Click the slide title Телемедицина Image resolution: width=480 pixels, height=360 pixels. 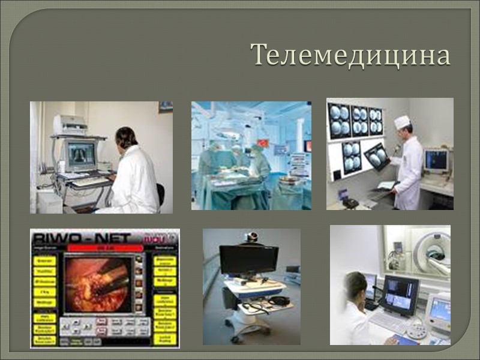(350, 55)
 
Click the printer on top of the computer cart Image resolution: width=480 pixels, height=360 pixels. (71, 125)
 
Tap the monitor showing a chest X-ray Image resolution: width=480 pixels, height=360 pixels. (80, 154)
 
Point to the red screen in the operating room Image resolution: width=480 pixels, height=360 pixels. (308, 146)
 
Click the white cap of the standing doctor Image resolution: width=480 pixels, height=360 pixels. (401, 121)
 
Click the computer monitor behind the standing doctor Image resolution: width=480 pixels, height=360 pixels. (436, 160)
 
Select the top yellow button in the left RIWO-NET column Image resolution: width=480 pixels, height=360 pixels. (44, 261)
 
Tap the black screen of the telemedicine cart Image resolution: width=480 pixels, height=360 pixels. (248, 260)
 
